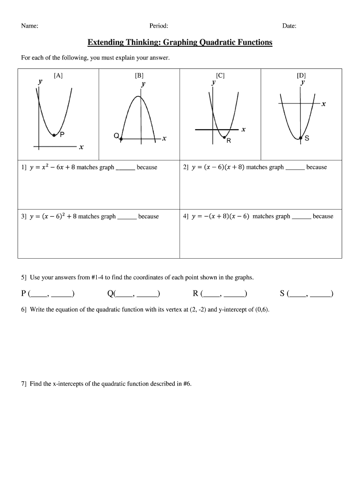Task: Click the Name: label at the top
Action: (x=29, y=26)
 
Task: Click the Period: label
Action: (x=158, y=26)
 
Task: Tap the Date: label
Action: (x=289, y=26)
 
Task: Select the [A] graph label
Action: (x=58, y=75)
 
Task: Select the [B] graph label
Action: (x=139, y=75)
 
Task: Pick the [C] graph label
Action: (x=220, y=75)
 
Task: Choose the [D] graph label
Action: (x=301, y=75)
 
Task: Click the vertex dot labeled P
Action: (x=54, y=135)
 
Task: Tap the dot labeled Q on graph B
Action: (x=122, y=138)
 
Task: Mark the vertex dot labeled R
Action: (x=224, y=137)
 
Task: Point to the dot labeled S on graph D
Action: (x=301, y=138)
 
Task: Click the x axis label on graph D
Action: (x=323, y=104)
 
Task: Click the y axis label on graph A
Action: (x=40, y=81)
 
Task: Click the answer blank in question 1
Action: (x=125, y=168)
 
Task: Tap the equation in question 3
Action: (x=52, y=216)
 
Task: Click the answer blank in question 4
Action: (x=301, y=217)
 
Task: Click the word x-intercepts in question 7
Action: (x=59, y=384)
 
